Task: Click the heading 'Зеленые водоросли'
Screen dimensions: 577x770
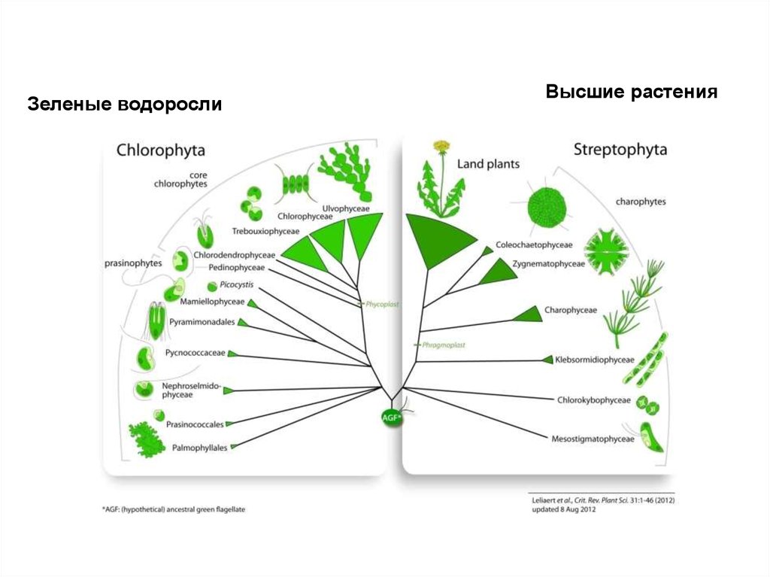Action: coord(125,104)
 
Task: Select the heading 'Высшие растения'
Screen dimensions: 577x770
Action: coord(632,93)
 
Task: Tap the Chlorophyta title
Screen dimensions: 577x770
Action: coord(160,150)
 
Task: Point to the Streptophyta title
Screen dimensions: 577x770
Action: coord(620,149)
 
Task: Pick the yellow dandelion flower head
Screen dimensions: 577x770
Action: coord(441,145)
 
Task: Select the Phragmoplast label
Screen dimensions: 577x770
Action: coord(444,345)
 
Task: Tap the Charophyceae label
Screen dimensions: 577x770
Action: coord(570,309)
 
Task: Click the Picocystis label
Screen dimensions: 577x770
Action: coord(237,285)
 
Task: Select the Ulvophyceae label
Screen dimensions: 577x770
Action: coord(346,208)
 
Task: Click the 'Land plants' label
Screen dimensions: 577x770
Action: coord(489,163)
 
